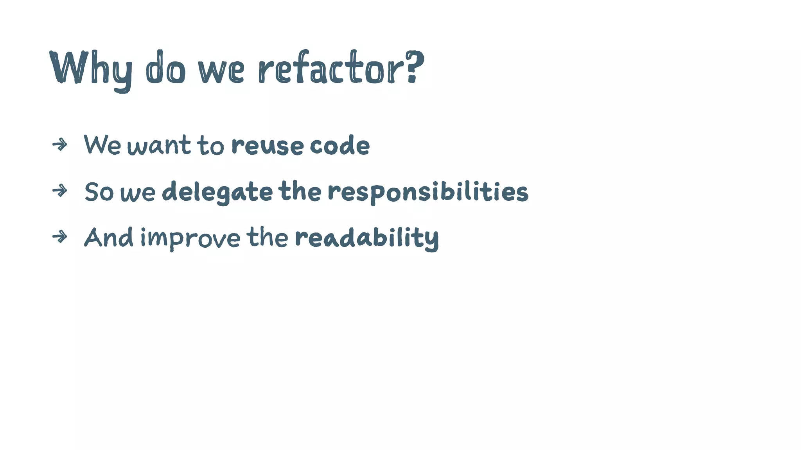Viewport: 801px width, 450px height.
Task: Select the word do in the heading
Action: coord(165,67)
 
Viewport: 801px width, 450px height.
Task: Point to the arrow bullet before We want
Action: coord(60,145)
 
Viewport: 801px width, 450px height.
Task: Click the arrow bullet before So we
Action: coord(60,191)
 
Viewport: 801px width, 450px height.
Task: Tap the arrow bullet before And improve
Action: coord(60,237)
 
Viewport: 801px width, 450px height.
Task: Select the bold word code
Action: coord(339,145)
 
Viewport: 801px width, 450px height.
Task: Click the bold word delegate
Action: coord(217,192)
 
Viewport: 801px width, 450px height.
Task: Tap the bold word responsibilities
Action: coord(428,192)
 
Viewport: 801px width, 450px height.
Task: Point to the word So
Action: coord(99,192)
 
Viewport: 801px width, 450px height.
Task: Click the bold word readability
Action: coord(367,237)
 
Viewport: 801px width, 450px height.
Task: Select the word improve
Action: coord(190,237)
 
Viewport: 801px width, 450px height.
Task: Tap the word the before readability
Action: coord(267,237)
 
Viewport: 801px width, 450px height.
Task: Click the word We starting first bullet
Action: coord(102,145)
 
